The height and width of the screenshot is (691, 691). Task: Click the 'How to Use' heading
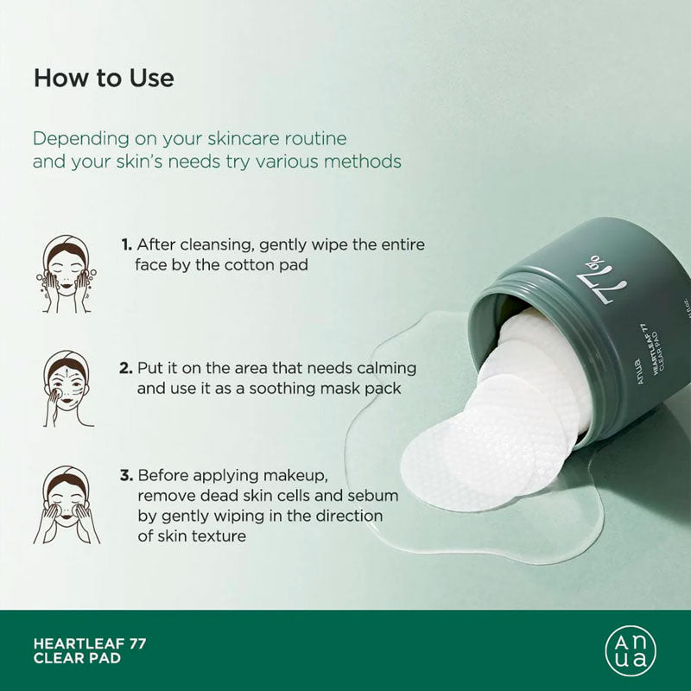pos(104,79)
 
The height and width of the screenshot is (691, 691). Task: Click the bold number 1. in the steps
pos(126,244)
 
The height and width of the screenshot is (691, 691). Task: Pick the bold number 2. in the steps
pos(126,368)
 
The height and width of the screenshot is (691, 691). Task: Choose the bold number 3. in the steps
pos(126,476)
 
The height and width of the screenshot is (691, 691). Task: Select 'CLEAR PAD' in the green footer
pos(77,659)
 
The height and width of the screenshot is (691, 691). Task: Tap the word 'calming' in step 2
pos(386,368)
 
